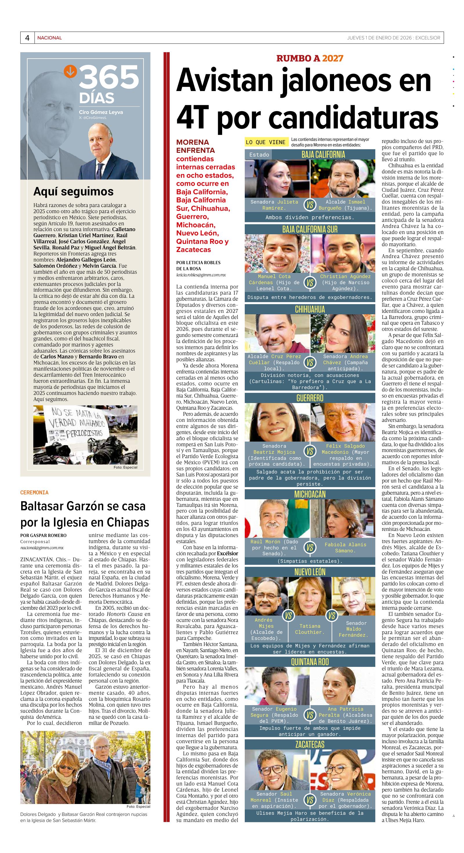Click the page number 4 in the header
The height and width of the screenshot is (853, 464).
(27, 38)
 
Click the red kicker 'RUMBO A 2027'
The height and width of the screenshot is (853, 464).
(310, 58)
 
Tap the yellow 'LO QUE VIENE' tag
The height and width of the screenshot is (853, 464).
(265, 142)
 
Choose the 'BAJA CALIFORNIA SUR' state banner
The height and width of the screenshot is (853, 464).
(310, 229)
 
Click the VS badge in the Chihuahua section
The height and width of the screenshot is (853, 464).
(310, 363)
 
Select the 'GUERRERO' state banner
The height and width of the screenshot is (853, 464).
(310, 398)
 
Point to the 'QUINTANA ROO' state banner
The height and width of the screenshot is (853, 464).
(310, 662)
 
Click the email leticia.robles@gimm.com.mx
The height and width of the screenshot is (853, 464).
(201, 275)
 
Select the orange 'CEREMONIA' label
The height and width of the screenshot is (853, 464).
(35, 492)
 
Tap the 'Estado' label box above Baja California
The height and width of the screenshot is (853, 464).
(259, 155)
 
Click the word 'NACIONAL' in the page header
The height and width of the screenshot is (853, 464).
(49, 38)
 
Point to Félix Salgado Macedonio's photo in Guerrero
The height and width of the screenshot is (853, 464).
(342, 422)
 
